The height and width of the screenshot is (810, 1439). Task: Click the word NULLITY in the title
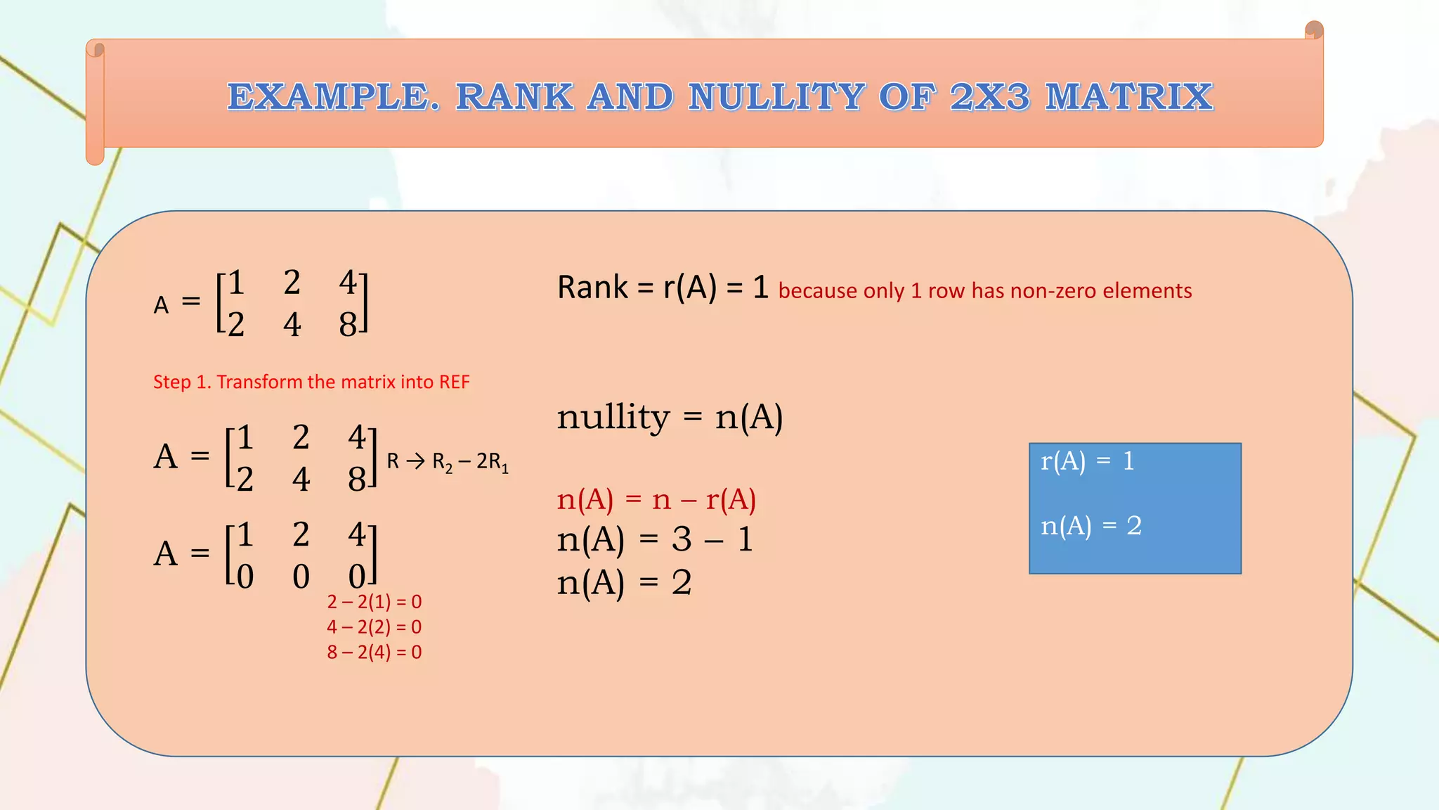[x=776, y=97]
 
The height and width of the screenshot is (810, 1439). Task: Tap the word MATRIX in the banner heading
[x=1128, y=97]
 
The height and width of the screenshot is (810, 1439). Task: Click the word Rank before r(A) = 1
[x=592, y=288]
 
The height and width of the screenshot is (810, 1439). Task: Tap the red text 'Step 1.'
[x=182, y=382]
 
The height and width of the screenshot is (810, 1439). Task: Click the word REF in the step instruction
[x=454, y=382]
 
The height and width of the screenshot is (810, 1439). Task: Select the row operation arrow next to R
[x=415, y=461]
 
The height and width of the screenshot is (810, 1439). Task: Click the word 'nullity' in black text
[x=613, y=418]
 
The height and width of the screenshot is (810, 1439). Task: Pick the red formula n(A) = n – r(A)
[x=656, y=499]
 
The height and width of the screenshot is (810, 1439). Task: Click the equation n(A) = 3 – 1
[x=655, y=540]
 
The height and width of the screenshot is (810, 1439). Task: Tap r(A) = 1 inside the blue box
[x=1087, y=461]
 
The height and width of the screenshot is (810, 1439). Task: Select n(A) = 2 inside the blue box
[x=1090, y=526]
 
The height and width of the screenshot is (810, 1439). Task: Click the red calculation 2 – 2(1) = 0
[x=374, y=602]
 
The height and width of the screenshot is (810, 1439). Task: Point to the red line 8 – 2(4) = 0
[x=374, y=652]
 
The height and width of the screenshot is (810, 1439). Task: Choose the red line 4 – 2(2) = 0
[x=374, y=627]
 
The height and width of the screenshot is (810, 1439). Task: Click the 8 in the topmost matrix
[x=348, y=325]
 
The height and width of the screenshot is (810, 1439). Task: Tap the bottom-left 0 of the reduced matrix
[x=245, y=577]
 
